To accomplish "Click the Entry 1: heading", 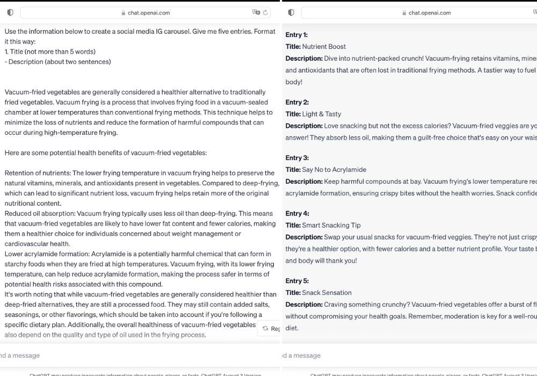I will coord(296,35).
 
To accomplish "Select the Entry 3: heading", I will coord(297,158).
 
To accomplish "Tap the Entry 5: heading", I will coord(297,281).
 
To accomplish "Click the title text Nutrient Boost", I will coord(324,47).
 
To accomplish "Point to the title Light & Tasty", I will coord(321,114).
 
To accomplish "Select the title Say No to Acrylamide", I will coord(334,170).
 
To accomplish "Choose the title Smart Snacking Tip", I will coord(331,226).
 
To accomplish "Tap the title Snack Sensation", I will coord(326,293).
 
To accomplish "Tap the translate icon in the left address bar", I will coord(256,12).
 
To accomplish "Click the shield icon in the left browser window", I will coord(10,12).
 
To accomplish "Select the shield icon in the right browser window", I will coord(291,12).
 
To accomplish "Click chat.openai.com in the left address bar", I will coord(149,13).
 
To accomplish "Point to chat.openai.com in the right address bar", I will coord(430,13).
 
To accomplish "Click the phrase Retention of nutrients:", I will coord(38,173).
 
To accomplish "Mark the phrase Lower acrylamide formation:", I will coord(47,254).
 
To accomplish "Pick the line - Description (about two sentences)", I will coord(58,62).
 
